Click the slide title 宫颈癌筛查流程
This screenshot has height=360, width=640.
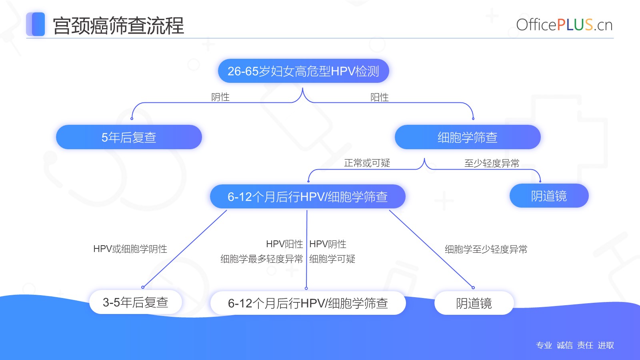[118, 26]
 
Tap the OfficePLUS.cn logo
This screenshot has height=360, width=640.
[564, 25]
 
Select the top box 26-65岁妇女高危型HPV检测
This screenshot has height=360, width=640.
[303, 71]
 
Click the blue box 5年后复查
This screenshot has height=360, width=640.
[129, 137]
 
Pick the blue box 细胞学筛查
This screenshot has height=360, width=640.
[468, 137]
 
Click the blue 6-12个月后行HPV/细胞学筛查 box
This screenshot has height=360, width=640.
[308, 196]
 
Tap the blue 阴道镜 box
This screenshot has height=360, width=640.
[549, 196]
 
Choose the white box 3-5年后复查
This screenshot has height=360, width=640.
[136, 302]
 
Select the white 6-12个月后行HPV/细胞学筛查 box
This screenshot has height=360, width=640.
[308, 303]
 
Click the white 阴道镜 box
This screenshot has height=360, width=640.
[474, 303]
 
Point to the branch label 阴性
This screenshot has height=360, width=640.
[220, 97]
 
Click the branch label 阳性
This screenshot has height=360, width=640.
[380, 98]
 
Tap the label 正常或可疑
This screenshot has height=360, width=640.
[367, 163]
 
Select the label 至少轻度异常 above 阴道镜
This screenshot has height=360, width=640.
[492, 164]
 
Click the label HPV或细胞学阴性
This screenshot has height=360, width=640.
[130, 248]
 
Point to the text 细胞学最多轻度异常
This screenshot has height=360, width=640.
[262, 259]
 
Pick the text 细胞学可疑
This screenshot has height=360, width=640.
[332, 259]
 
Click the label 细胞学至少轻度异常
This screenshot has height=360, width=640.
[486, 250]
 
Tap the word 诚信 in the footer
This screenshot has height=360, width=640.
[564, 345]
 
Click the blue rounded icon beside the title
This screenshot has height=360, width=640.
[36, 24]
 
